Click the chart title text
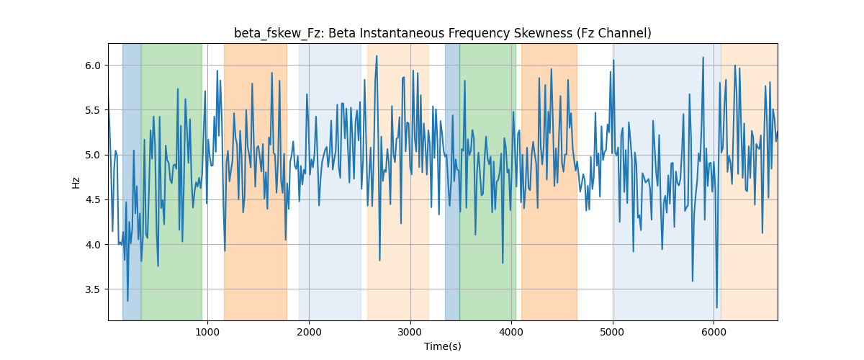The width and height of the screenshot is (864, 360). coord(442,33)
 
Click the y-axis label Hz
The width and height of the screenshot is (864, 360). coord(76,182)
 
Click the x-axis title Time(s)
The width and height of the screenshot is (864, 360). coord(442,346)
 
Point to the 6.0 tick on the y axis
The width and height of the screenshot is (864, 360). coord(93,66)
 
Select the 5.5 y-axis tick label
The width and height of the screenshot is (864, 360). coord(93,110)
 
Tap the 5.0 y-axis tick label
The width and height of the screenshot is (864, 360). coord(93,155)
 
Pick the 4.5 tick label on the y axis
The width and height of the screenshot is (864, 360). coord(93,200)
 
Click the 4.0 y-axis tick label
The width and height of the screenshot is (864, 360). coord(93,245)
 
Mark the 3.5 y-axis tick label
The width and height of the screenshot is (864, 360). coord(93,289)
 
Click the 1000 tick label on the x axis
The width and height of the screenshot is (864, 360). coord(207,332)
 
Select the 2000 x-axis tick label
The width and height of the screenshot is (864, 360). coord(309,332)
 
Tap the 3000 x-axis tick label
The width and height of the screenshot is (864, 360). coord(410,332)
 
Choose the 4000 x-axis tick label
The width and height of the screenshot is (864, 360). coord(511,332)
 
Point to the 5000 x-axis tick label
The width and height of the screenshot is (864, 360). coord(613,332)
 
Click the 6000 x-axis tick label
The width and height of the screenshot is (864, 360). coord(714,332)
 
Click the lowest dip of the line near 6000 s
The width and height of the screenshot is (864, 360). coord(716,307)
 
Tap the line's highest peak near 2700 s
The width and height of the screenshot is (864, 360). coord(377,56)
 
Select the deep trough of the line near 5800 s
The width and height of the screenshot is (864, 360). coord(693,281)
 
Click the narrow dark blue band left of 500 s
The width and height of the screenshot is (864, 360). coord(132,182)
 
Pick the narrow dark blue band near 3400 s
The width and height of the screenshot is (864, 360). coord(452,182)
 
